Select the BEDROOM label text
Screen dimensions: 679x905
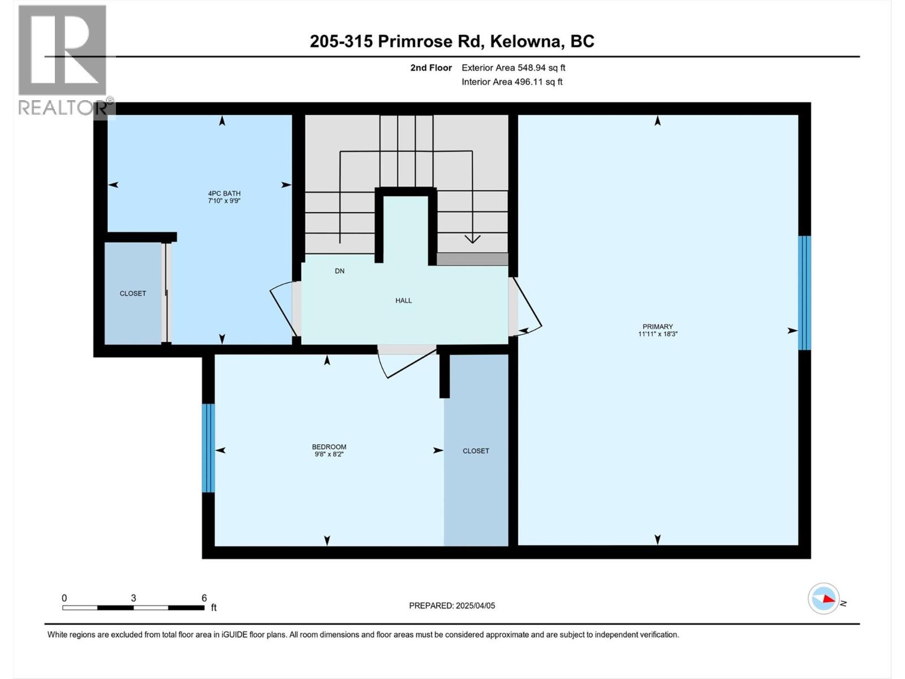click(x=329, y=447)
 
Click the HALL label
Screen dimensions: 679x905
click(x=403, y=300)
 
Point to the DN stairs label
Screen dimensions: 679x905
click(x=339, y=271)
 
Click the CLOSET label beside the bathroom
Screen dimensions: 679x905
click(x=133, y=293)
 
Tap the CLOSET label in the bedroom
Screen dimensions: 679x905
click(x=476, y=451)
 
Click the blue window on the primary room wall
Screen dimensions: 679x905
click(x=804, y=293)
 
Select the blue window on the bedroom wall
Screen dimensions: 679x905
click(x=208, y=448)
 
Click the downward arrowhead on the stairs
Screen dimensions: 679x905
click(x=472, y=239)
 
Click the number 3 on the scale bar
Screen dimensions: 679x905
click(x=133, y=598)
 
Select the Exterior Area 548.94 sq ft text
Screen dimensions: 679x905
click(x=513, y=68)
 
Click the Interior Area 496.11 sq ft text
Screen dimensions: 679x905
click(x=512, y=82)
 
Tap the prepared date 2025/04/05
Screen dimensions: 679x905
click(x=475, y=605)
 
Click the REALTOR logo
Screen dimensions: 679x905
click(x=63, y=59)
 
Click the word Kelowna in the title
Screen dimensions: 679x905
click(x=525, y=41)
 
